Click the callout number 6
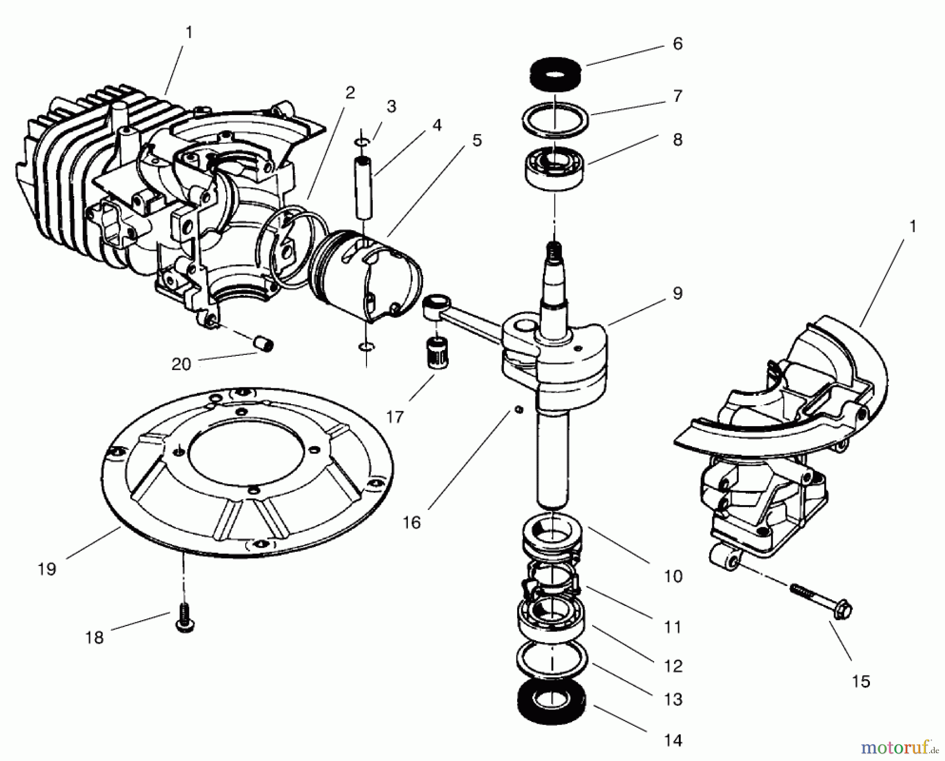coord(677,44)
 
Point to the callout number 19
coord(47,569)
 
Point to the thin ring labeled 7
coord(555,119)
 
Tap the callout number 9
coord(677,293)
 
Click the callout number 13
coord(673,700)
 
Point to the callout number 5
coord(477,141)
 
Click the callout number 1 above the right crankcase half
coord(912,227)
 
